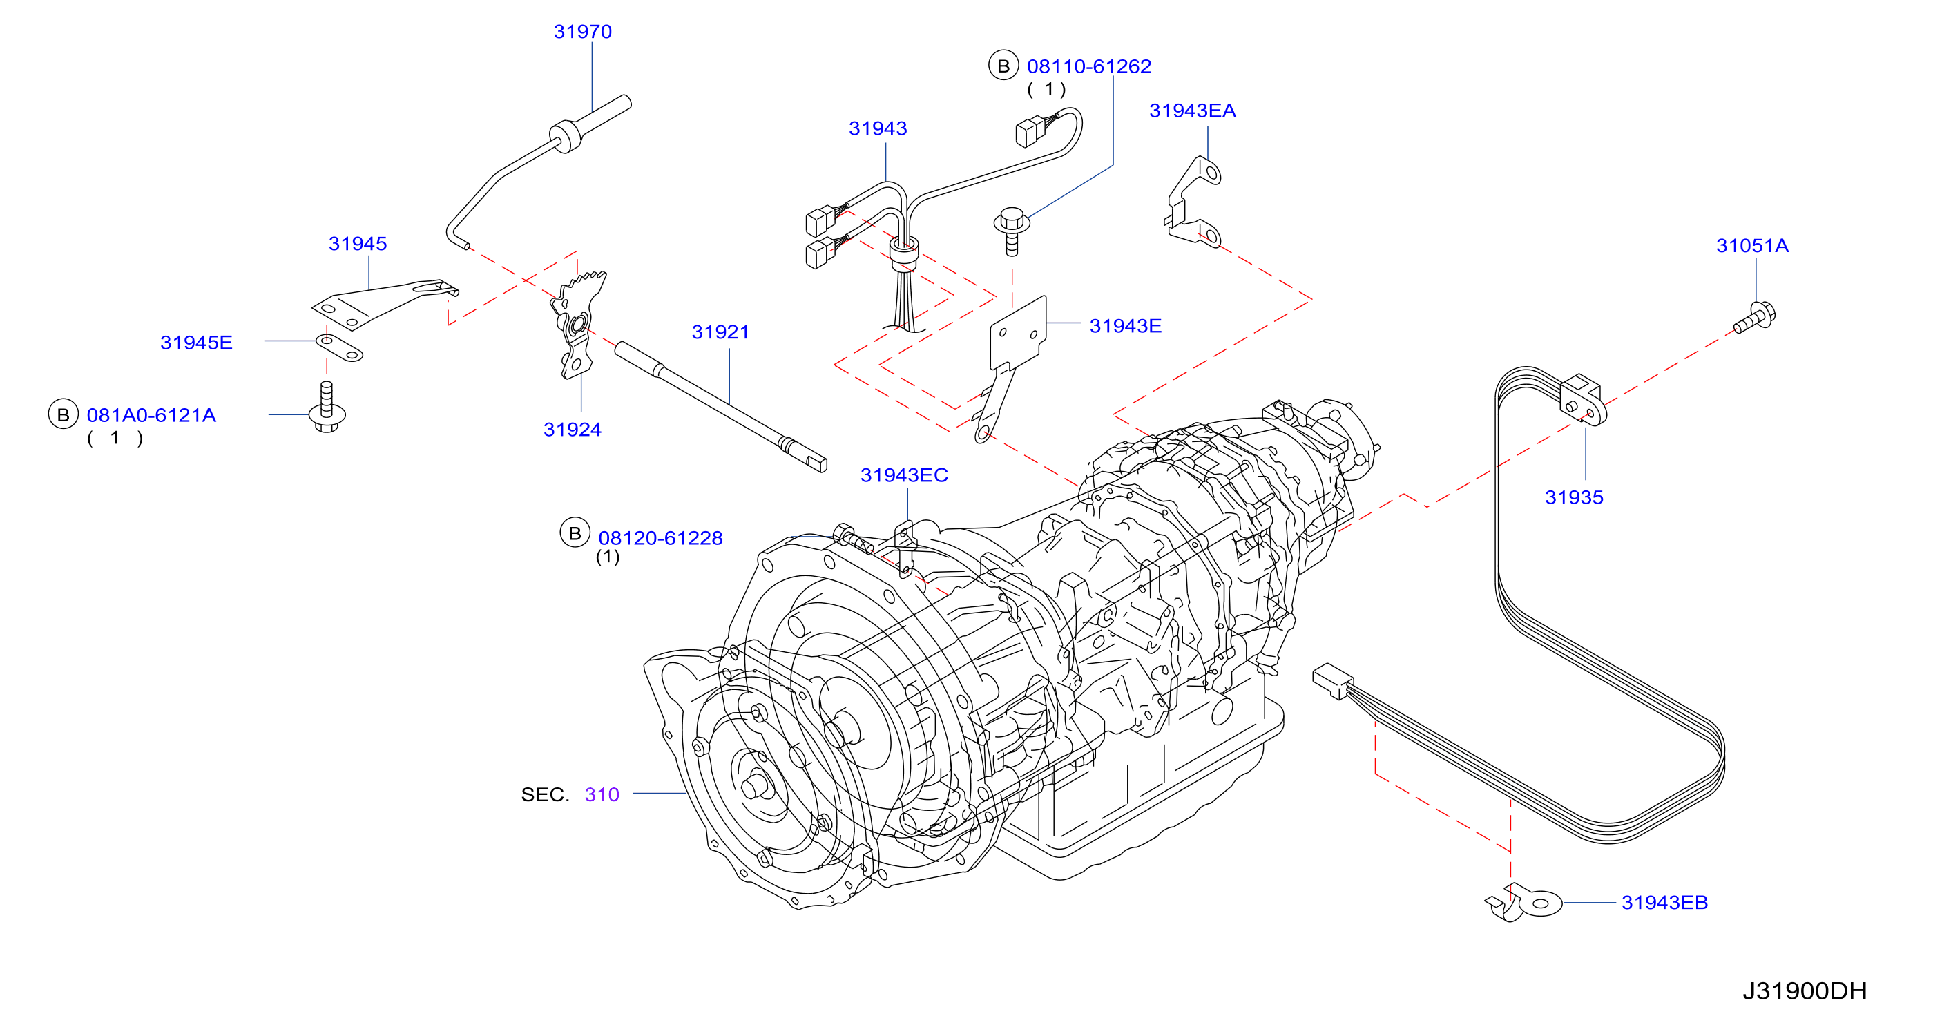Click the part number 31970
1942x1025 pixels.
(x=582, y=32)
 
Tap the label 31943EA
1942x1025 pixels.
(x=1192, y=111)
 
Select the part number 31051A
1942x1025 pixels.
(x=1752, y=246)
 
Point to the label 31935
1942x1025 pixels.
(x=1574, y=498)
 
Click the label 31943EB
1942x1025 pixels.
(x=1664, y=903)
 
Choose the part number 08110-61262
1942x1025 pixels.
(x=1088, y=66)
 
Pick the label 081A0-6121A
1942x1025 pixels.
(x=151, y=416)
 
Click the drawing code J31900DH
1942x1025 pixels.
(x=1804, y=991)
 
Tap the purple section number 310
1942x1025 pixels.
(x=602, y=795)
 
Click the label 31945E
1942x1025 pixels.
(x=196, y=343)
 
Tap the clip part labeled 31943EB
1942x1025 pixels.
(x=1523, y=902)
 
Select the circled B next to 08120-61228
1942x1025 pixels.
(x=575, y=533)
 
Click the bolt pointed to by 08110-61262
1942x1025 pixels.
(x=1012, y=231)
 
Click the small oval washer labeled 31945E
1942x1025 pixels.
(x=339, y=348)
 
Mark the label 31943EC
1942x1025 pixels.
(x=904, y=476)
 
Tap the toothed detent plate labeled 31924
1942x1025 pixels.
(x=579, y=325)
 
